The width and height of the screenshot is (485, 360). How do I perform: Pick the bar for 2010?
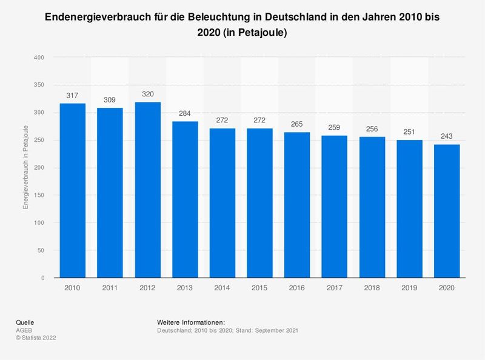click(x=73, y=190)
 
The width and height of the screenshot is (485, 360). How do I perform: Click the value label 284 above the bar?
click(x=185, y=113)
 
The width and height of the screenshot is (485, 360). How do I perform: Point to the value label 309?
click(x=110, y=99)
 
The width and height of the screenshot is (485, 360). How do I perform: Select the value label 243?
click(x=447, y=136)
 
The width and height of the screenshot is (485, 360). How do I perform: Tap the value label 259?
click(x=335, y=127)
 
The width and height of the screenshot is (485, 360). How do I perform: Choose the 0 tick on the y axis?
click(x=42, y=278)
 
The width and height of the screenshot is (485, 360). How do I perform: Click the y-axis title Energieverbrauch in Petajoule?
click(x=25, y=167)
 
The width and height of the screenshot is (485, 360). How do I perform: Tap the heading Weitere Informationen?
click(x=191, y=321)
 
